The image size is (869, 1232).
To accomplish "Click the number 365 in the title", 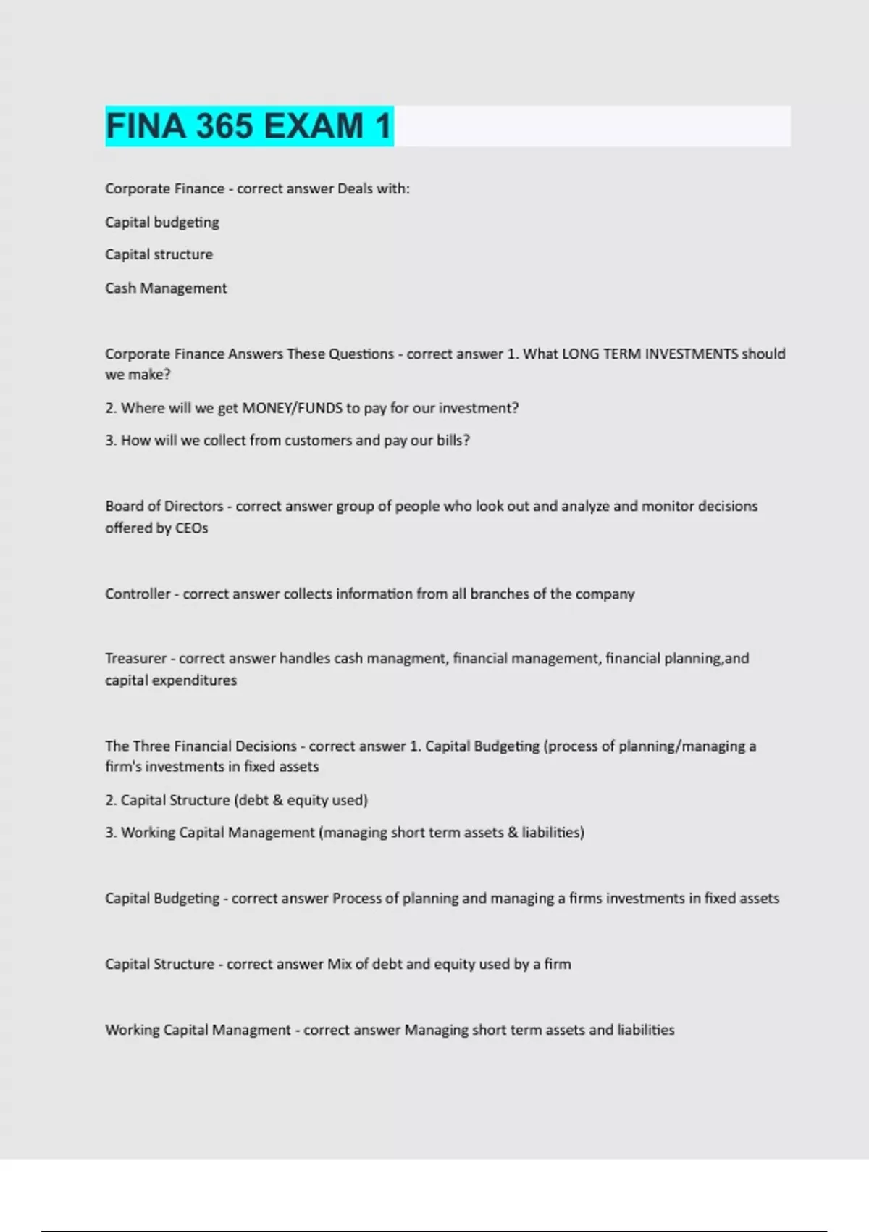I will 224,126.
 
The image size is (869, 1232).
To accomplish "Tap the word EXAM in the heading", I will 314,126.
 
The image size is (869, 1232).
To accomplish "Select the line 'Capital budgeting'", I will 162,222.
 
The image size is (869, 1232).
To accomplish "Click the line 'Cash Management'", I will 166,288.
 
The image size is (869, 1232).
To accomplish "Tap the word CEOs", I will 192,528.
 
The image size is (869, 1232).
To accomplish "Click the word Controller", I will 138,594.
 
